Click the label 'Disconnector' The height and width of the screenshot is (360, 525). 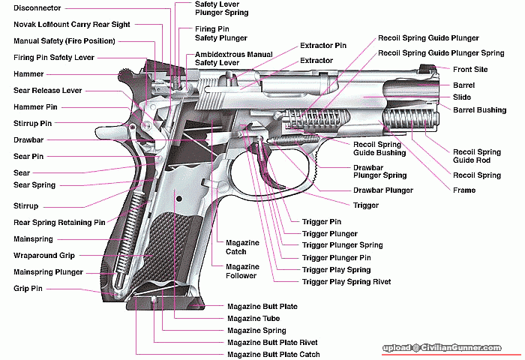coord(37,9)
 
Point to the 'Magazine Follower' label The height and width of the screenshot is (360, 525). coord(242,270)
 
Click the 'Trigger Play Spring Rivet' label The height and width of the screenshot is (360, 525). coord(346,282)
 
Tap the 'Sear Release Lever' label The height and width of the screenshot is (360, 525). coord(47,90)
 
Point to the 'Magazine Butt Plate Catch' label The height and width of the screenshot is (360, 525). coord(273,355)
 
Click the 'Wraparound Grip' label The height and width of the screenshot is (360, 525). coord(45,256)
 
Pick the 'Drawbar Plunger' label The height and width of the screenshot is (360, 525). coord(382,190)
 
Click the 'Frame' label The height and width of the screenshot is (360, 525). coord(463,190)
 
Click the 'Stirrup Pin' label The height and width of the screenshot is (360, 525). coord(33,123)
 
